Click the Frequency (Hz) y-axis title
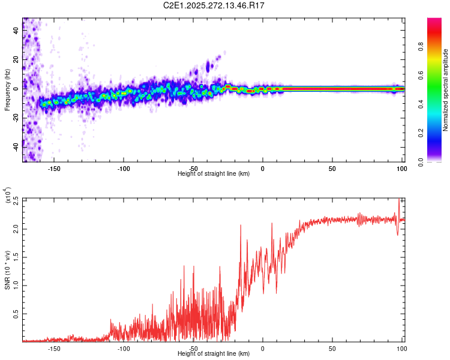click(x=7, y=90)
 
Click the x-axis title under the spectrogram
click(x=214, y=173)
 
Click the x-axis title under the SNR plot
click(x=214, y=354)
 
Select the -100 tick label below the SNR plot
click(x=123, y=348)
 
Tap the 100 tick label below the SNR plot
click(x=401, y=348)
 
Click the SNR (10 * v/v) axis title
click(x=7, y=270)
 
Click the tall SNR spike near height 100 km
click(x=400, y=204)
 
